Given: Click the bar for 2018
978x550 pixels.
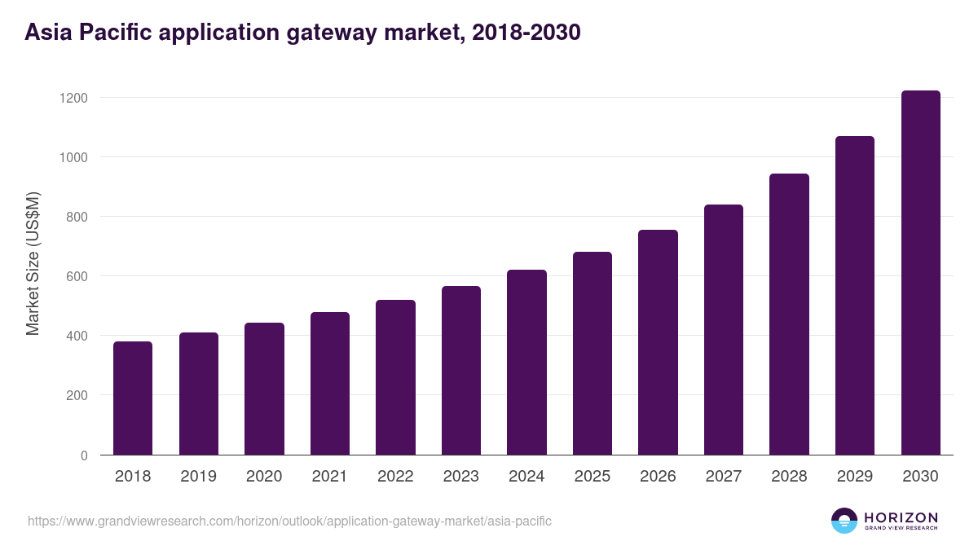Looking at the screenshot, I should click(133, 398).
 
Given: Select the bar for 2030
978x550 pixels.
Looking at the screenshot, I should click(920, 273).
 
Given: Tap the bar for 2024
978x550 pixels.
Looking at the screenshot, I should click(526, 363).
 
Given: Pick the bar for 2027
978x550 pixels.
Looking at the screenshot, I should click(724, 330).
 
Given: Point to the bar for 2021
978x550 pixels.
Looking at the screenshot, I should click(330, 384).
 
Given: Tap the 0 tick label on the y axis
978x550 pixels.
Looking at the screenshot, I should click(84, 455).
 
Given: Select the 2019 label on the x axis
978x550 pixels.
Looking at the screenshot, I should click(198, 477).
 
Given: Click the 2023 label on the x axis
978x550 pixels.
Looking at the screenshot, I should click(461, 477).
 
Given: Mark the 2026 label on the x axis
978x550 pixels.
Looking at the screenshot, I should click(658, 477).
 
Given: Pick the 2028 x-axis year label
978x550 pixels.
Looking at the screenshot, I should click(789, 477).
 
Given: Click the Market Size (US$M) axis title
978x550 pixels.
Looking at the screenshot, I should click(33, 264).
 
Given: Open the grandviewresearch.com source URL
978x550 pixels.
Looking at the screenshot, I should click(289, 521).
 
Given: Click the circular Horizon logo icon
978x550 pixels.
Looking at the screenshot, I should click(844, 521).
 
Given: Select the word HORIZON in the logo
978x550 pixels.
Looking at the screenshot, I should click(901, 517).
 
